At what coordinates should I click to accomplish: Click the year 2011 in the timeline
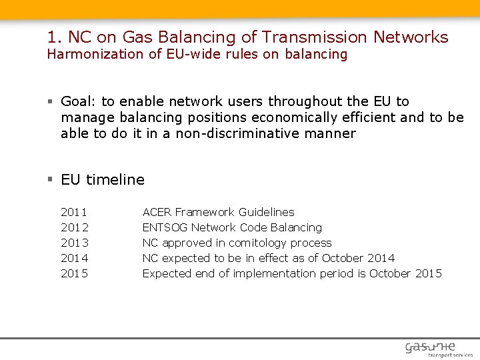point(74,212)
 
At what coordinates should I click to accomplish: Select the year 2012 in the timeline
point(74,227)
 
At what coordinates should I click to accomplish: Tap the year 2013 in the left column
point(74,243)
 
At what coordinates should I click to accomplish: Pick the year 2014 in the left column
point(74,258)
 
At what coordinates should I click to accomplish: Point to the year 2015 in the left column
point(74,273)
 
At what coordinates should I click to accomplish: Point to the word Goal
point(78,101)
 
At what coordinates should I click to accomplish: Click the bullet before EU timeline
point(51,179)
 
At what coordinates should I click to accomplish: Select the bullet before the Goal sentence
point(51,101)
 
